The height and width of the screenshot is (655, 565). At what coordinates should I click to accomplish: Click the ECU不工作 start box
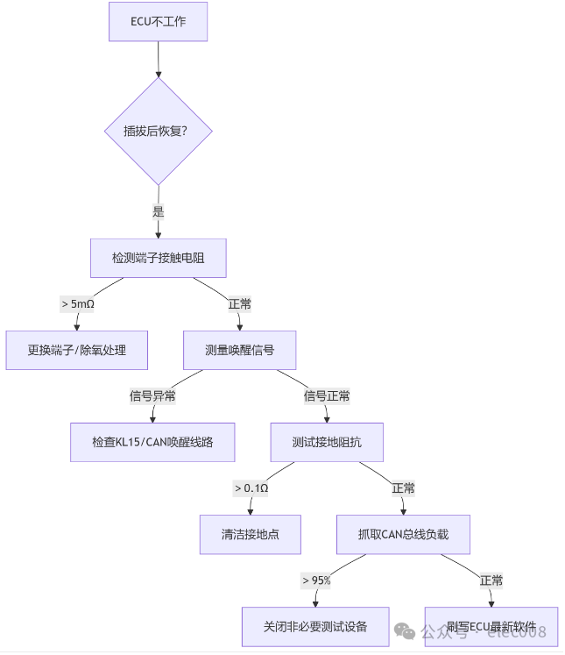159,21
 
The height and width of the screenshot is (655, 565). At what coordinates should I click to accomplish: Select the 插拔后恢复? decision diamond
159,132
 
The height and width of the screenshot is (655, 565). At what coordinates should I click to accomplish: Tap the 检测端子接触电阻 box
159,258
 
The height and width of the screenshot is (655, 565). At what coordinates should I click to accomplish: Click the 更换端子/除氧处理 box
76,350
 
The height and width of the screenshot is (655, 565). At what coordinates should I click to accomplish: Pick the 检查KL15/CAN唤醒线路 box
152,442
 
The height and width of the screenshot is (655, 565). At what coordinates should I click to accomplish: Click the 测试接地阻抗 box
327,442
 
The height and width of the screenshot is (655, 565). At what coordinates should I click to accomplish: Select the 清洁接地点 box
251,534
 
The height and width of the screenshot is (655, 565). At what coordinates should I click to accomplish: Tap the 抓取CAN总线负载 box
403,534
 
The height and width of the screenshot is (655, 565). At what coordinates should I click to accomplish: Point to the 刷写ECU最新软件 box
491,626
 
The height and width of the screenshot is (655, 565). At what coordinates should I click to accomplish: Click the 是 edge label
159,211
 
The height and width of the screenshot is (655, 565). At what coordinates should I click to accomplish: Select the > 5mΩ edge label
77,304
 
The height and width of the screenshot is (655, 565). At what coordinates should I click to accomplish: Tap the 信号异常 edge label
152,396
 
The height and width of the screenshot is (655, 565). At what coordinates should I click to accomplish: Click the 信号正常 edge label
327,396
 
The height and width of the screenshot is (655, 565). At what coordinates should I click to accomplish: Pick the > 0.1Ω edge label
251,488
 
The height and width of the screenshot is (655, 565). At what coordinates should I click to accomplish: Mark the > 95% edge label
315,580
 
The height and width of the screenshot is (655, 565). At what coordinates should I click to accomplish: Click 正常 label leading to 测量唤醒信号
239,304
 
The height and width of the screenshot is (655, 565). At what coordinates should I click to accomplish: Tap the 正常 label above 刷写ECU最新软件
491,580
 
